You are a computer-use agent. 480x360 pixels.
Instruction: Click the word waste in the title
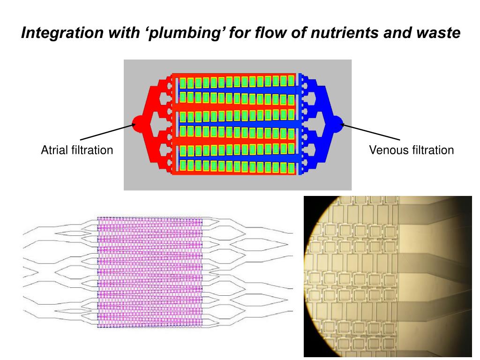pos(436,33)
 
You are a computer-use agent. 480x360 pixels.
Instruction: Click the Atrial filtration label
pos(77,150)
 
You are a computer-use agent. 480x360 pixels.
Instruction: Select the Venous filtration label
pos(411,150)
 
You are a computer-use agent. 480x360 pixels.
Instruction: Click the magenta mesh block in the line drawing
pos(150,272)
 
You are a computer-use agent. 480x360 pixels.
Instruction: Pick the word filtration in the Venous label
pos(433,150)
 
